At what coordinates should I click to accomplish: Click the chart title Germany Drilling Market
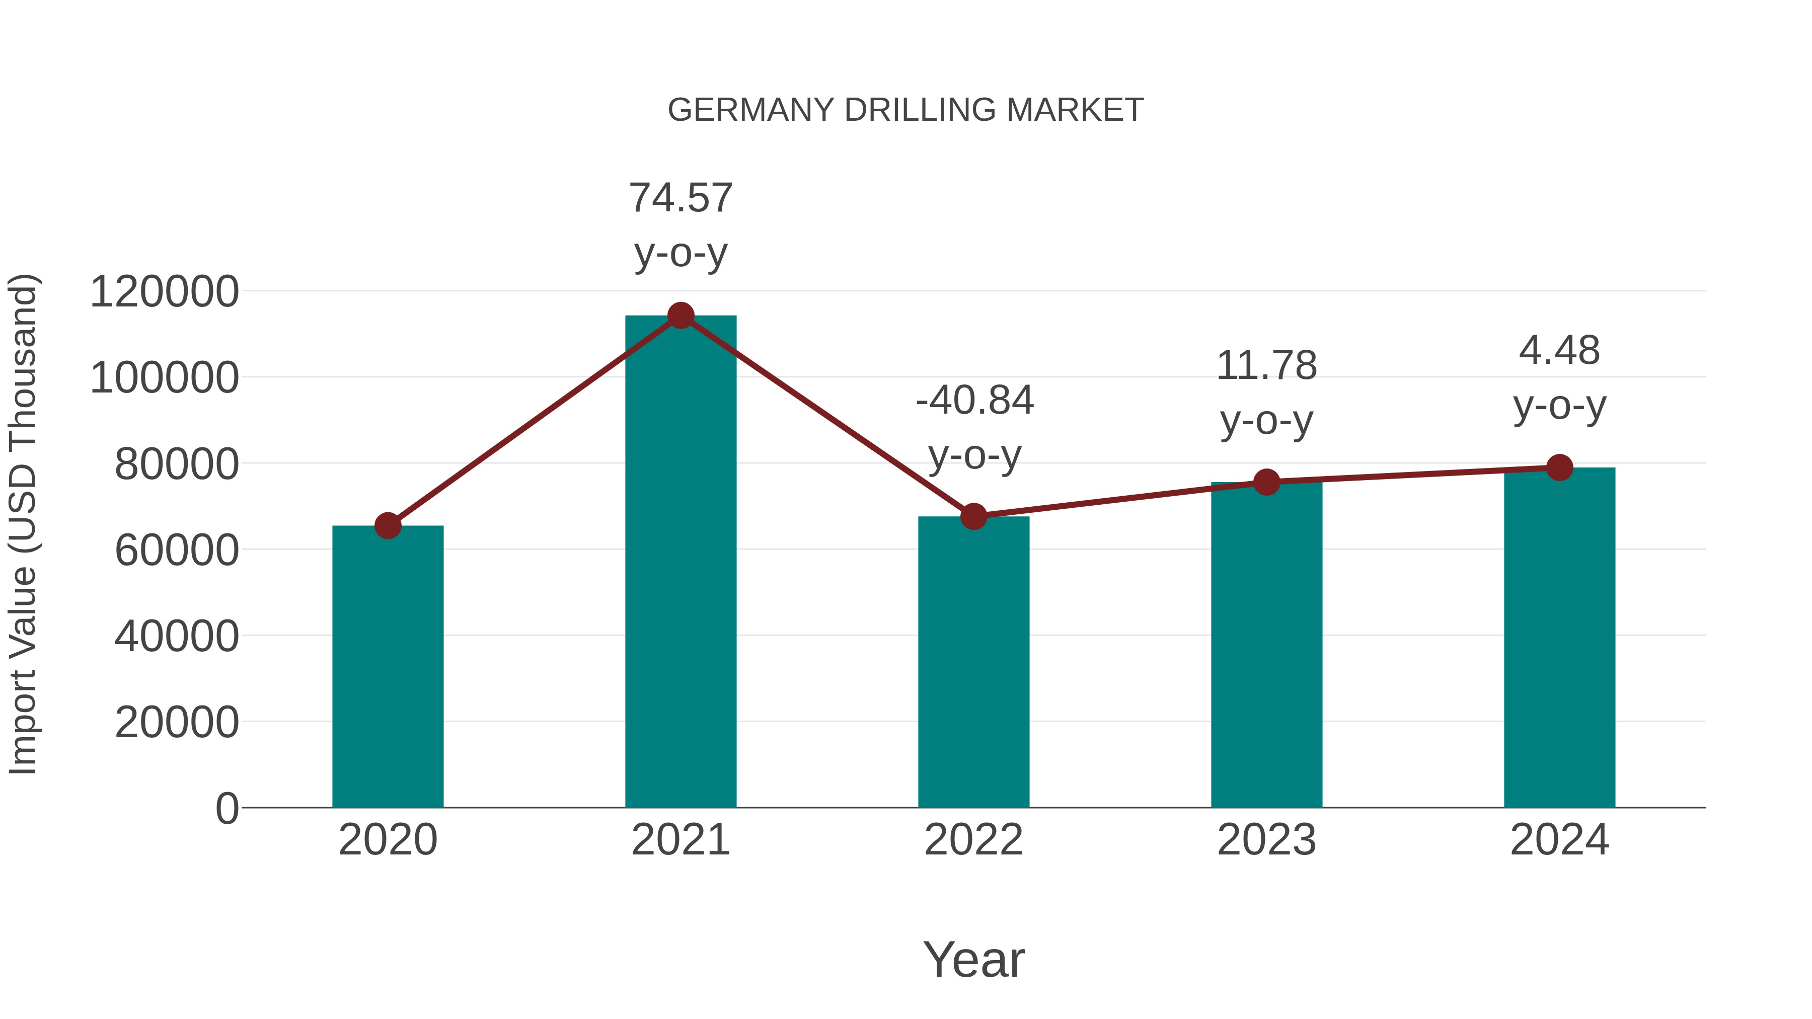[x=905, y=110]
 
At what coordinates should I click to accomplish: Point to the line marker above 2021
[x=680, y=316]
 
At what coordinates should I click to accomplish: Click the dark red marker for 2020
[x=388, y=525]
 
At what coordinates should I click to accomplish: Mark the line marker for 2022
[x=973, y=517]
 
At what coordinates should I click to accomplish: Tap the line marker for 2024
[x=1559, y=467]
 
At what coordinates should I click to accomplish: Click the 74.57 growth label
[x=680, y=198]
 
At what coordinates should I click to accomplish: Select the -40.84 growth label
[x=974, y=401]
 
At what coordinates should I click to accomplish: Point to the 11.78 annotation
[x=1266, y=366]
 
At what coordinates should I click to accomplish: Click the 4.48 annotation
[x=1559, y=351]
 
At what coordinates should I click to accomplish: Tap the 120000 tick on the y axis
[x=165, y=292]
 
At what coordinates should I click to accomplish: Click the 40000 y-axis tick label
[x=177, y=637]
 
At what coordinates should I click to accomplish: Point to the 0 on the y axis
[x=226, y=808]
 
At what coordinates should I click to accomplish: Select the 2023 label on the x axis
[x=1266, y=840]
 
